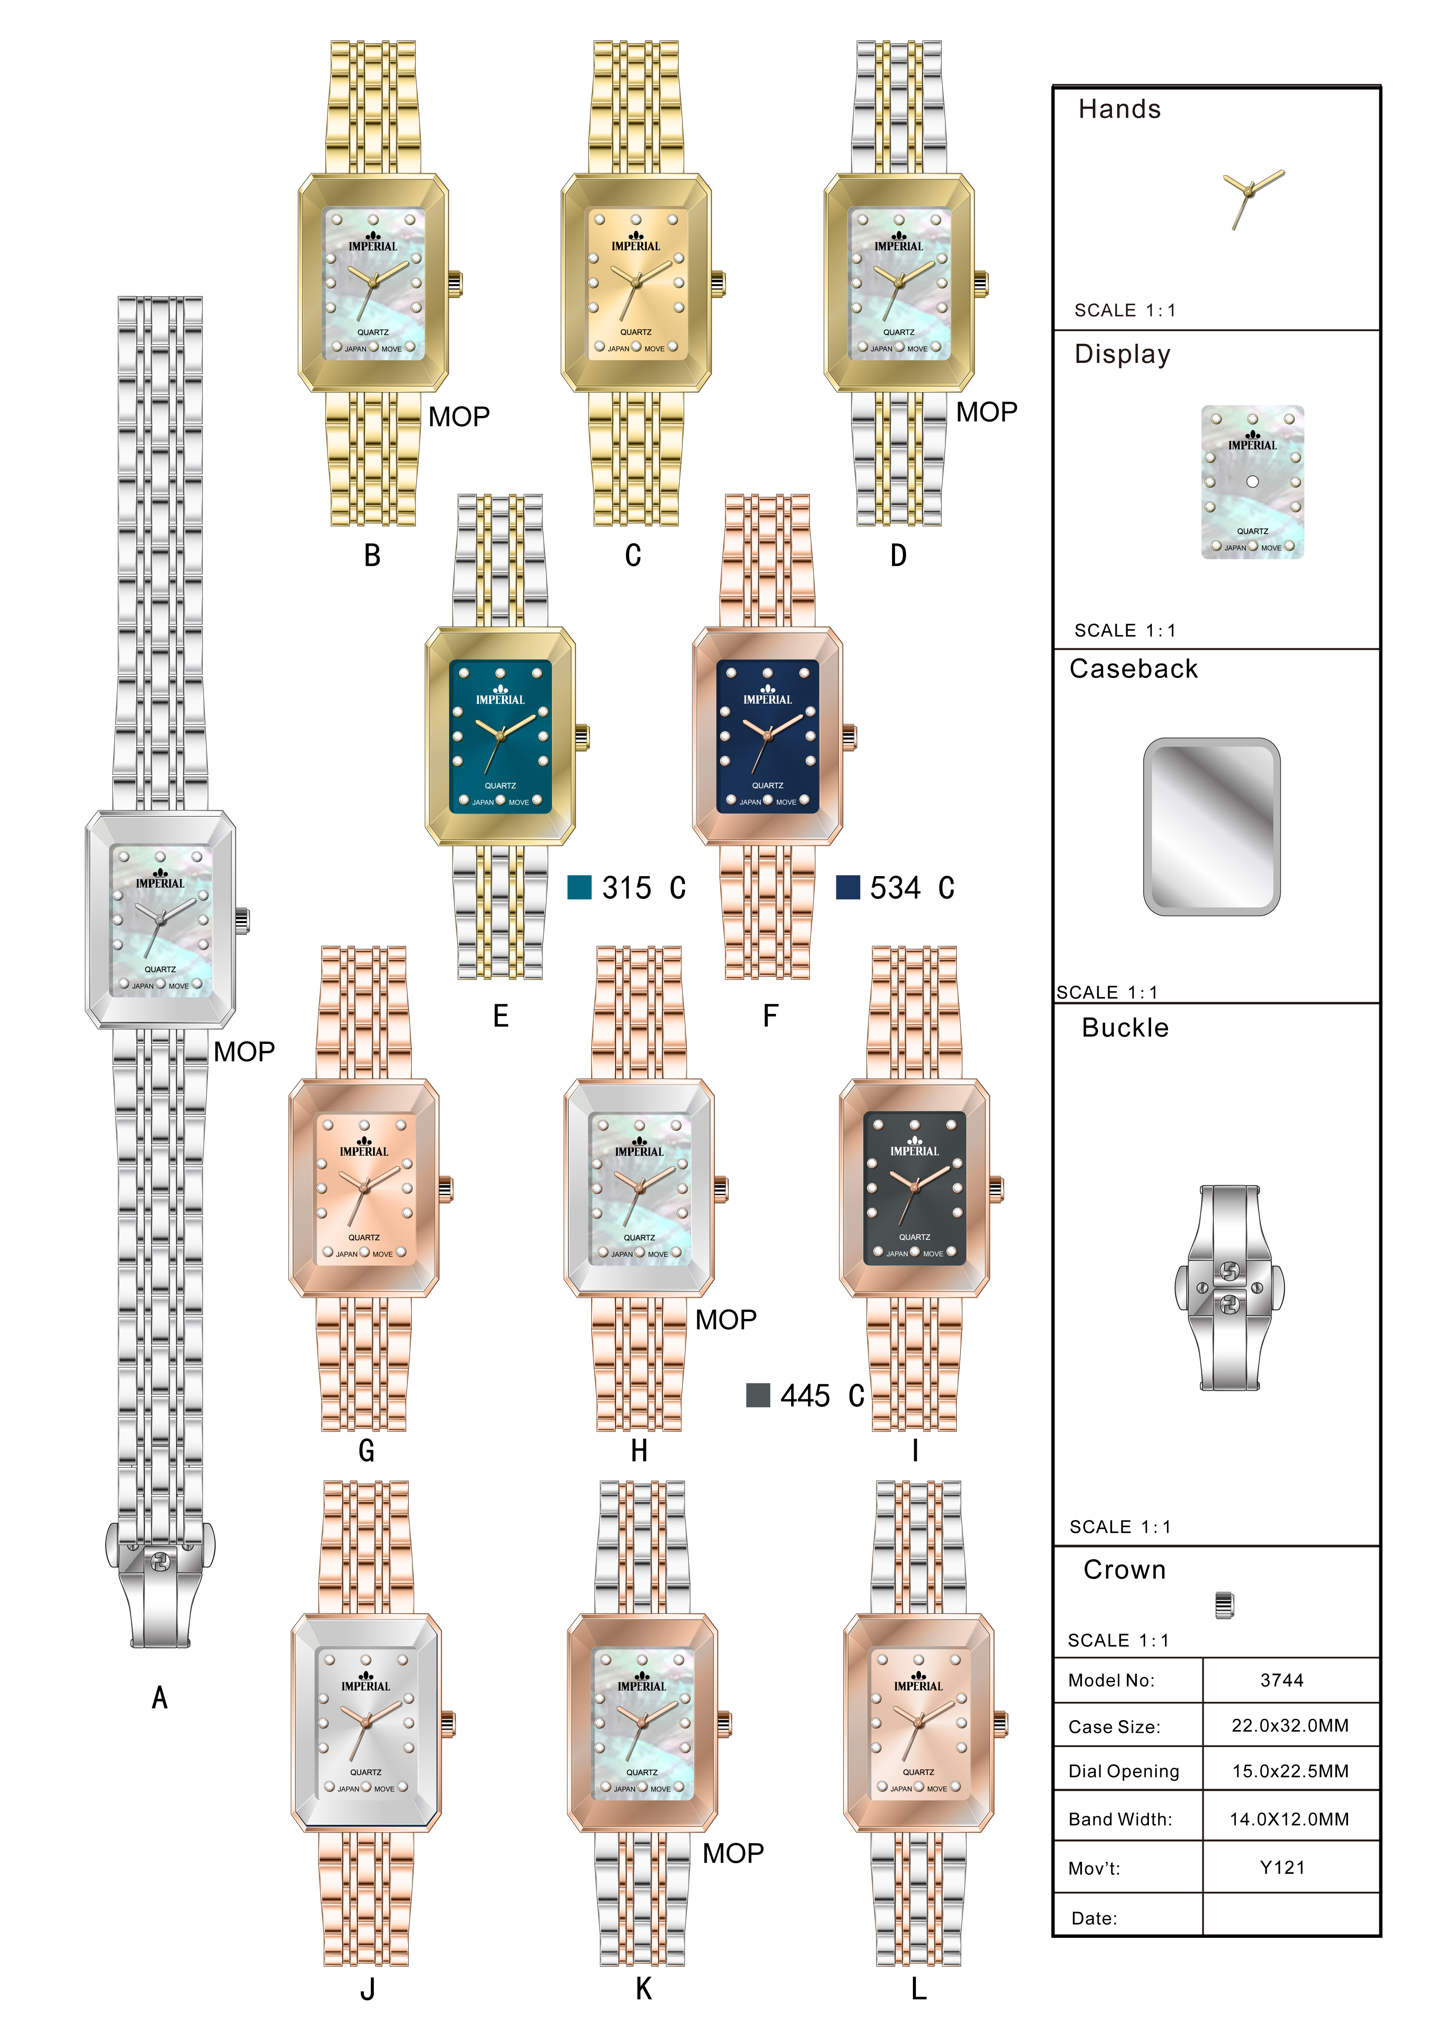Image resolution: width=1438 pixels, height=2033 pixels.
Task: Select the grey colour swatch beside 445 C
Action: click(x=758, y=1395)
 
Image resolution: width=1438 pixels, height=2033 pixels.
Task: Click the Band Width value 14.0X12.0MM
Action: click(x=1289, y=1819)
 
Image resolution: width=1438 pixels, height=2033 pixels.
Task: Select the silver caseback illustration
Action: click(x=1212, y=826)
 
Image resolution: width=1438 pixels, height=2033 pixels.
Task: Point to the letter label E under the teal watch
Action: click(x=500, y=1016)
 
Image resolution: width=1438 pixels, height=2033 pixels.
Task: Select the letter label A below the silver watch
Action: click(x=160, y=1697)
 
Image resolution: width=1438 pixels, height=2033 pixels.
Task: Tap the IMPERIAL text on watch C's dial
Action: click(x=636, y=246)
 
